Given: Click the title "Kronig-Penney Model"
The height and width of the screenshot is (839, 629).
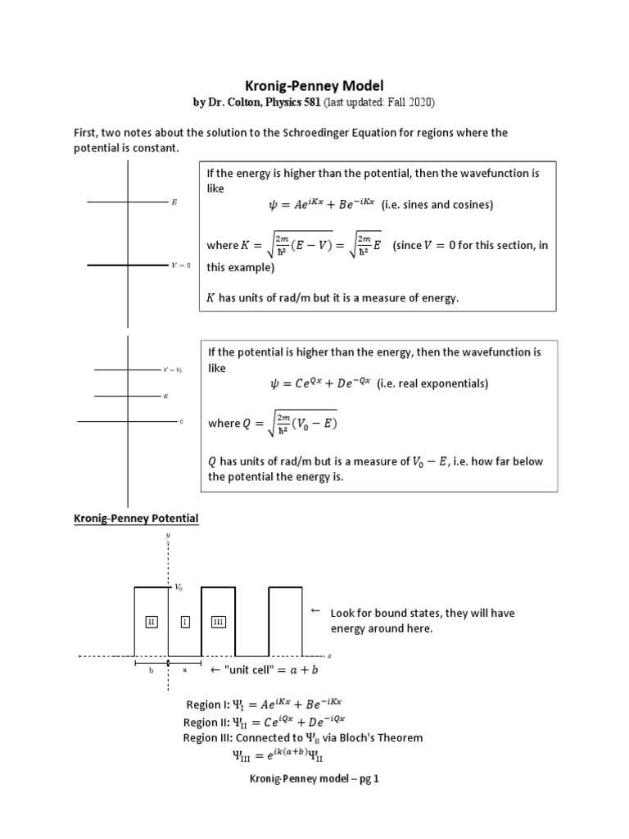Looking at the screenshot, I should click(314, 85).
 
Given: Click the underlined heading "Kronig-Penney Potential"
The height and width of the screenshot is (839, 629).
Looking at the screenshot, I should click(137, 519).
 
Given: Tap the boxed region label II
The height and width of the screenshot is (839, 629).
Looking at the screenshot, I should click(151, 623).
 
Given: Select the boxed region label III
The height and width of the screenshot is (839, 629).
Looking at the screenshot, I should click(218, 623).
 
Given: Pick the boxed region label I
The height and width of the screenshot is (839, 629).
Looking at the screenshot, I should click(185, 623).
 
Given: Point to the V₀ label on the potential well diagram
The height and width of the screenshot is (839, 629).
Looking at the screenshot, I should click(178, 587).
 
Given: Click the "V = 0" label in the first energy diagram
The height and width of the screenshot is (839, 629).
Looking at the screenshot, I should click(181, 265).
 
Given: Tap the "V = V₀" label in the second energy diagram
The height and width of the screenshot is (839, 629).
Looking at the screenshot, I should click(172, 370).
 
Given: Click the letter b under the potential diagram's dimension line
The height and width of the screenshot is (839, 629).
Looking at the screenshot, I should click(151, 669).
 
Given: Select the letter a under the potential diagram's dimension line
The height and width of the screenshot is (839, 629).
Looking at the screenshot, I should click(185, 669).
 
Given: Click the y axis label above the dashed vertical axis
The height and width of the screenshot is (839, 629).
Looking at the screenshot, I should click(168, 536).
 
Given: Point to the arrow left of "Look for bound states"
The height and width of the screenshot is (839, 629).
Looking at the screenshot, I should click(315, 612).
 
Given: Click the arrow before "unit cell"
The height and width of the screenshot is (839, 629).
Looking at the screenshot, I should click(216, 671).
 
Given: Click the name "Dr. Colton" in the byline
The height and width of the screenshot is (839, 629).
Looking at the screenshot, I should click(235, 102).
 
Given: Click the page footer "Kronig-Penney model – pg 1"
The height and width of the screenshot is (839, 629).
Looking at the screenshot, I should click(314, 779).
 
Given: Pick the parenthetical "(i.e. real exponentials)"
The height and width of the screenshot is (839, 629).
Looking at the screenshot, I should click(432, 383).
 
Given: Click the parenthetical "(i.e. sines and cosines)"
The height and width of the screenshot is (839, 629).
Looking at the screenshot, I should click(438, 204).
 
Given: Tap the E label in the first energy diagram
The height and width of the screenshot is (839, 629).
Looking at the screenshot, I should click(174, 202).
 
